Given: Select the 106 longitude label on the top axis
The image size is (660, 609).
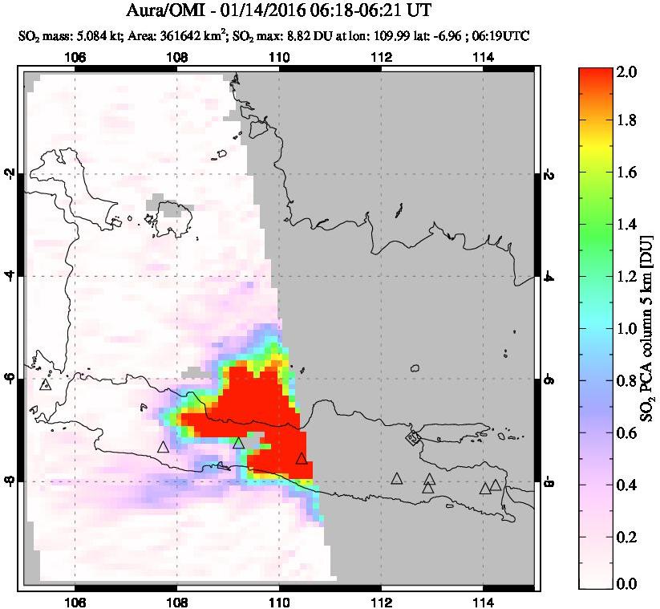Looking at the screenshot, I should (75, 57).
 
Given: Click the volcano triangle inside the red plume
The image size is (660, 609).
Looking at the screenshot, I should (302, 458).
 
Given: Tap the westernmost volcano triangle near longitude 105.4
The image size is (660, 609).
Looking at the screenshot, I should (45, 384).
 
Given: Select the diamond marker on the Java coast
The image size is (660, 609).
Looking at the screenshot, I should (413, 437).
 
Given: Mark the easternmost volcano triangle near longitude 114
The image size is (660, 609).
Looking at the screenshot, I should (496, 485).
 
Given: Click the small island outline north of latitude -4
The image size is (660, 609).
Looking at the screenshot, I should (169, 211).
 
